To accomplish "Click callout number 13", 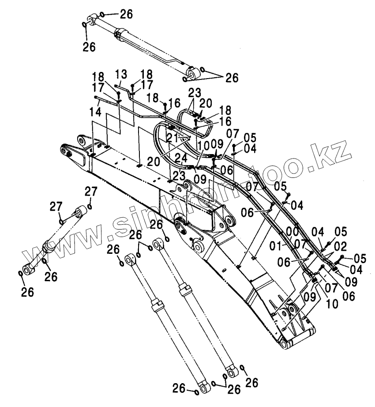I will (x=121, y=73).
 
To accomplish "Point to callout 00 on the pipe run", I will (x=291, y=231).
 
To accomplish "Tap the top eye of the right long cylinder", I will (x=159, y=243).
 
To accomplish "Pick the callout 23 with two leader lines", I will (x=195, y=93).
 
